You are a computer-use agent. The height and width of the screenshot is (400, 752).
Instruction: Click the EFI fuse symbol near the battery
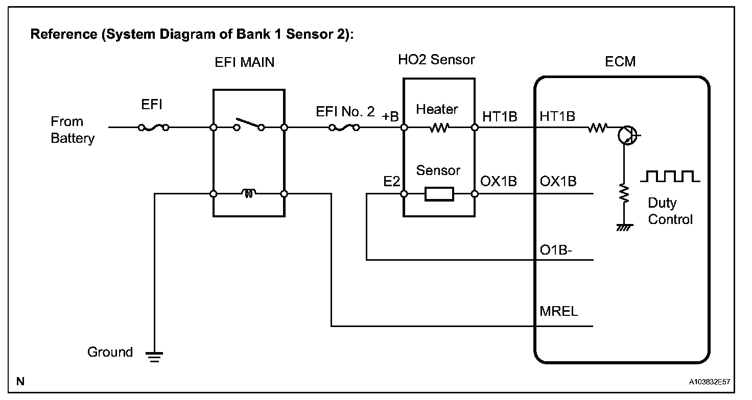(154, 128)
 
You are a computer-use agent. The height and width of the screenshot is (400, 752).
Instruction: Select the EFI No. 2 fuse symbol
(344, 128)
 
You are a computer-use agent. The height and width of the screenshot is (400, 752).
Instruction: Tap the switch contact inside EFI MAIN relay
(249, 124)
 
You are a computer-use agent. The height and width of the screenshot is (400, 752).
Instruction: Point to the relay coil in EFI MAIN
(248, 193)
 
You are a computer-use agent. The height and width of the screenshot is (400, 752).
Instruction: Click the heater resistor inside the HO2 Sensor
(439, 128)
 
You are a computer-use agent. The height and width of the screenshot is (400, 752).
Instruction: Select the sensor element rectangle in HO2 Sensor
(439, 194)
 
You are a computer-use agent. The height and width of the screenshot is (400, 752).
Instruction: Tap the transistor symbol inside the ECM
(628, 135)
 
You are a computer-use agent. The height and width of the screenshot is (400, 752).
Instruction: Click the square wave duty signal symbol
(670, 177)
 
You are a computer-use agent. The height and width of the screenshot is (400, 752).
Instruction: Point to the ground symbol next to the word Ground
(154, 357)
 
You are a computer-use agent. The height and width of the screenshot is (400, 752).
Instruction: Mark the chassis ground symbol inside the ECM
(624, 228)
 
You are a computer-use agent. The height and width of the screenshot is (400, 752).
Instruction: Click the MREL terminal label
(558, 311)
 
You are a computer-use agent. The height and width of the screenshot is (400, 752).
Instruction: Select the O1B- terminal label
(556, 250)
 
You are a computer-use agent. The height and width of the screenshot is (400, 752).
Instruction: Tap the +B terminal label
(390, 117)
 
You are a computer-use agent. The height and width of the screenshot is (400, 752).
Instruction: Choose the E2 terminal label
(392, 182)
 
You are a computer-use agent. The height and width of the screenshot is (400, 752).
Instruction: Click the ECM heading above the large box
(620, 62)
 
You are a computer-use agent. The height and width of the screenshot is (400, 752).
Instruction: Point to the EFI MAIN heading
(244, 62)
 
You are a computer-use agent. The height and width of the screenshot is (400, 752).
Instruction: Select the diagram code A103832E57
(710, 382)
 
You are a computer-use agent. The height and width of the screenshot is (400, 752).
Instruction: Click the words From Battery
(73, 130)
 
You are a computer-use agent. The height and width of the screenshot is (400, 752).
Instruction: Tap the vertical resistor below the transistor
(624, 193)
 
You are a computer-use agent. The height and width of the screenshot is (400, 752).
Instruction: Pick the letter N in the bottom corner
(20, 381)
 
